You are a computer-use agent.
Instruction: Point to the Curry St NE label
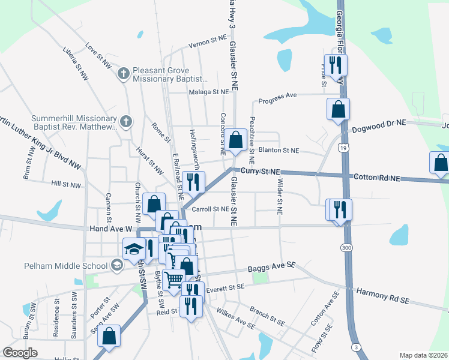[263, 172]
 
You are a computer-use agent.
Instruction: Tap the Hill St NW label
[66, 185]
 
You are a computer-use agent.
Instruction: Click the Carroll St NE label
[210, 209]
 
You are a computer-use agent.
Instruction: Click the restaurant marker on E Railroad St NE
[192, 183]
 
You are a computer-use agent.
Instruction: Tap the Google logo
[20, 353]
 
